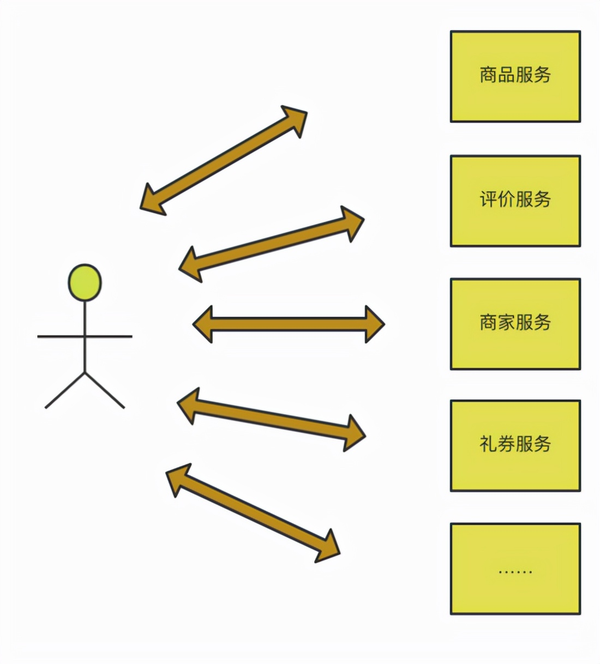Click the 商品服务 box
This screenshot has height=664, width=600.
515,76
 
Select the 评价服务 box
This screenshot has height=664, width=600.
515,201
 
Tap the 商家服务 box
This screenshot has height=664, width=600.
515,324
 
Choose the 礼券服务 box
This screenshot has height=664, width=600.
515,445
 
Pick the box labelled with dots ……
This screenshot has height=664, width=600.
515,569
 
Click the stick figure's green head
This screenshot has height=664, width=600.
85,282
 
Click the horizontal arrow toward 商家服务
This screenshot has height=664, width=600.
289,324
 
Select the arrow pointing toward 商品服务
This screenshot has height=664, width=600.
224,160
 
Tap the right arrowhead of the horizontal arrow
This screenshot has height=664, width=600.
375,324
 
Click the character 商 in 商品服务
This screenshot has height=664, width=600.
488,75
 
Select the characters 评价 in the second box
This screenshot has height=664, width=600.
497,199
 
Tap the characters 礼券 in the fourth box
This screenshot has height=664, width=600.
497,444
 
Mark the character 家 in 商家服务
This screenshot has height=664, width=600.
506,322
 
